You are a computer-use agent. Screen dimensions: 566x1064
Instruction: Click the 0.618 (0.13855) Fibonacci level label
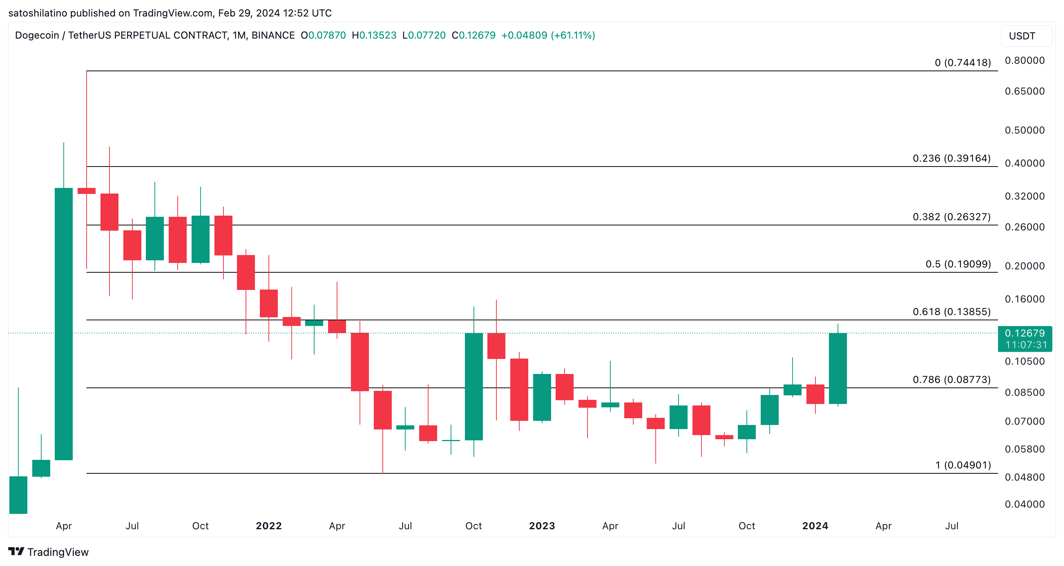[x=951, y=312]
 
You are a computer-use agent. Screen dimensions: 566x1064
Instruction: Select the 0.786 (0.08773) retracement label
[x=951, y=379]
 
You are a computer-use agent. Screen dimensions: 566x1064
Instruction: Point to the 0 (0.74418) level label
[x=962, y=62]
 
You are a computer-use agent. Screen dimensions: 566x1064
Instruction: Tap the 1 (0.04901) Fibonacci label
[x=963, y=465]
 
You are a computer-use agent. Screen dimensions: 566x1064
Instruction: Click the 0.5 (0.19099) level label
[x=958, y=264]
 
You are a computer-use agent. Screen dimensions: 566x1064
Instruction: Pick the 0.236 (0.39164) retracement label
[x=951, y=158]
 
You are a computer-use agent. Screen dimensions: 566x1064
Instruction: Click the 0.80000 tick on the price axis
[x=1024, y=60]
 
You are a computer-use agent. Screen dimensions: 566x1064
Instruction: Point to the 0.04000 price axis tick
[x=1024, y=504]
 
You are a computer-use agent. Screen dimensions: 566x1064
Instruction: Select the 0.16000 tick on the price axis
[x=1024, y=299]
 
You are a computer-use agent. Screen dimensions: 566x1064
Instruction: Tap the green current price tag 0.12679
[x=1025, y=338]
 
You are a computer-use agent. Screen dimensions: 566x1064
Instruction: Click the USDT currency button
[x=1022, y=36]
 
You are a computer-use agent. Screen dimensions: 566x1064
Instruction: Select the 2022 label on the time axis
[x=268, y=525]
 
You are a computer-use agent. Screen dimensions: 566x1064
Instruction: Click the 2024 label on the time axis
[x=815, y=525]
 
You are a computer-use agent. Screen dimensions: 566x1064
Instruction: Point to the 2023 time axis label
[x=542, y=525]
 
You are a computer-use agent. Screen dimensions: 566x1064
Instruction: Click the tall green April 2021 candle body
[x=64, y=324]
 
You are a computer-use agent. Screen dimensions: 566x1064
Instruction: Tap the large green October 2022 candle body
[x=474, y=386]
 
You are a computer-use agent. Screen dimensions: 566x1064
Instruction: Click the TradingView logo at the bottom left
[x=48, y=552]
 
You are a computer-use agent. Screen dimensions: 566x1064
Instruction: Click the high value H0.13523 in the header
[x=374, y=35]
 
